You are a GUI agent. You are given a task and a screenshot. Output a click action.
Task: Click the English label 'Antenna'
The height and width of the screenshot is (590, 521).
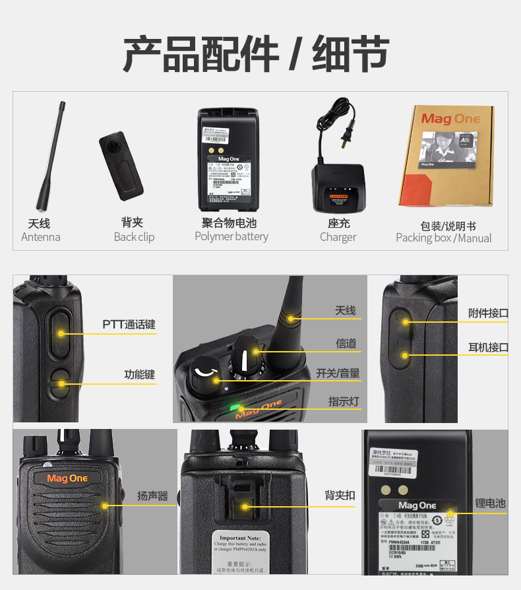coord(40,237)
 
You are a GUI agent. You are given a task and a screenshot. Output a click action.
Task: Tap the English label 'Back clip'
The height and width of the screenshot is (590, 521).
coord(134,237)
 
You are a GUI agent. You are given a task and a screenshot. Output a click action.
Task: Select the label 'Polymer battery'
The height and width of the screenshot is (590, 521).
coord(231,236)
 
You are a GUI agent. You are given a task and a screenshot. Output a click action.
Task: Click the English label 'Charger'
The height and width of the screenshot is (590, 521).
coord(338,237)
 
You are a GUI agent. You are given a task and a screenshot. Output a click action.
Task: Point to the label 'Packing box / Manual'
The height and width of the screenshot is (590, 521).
coord(443,238)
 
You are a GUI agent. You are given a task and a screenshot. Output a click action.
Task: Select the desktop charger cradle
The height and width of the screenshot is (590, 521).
coord(338,187)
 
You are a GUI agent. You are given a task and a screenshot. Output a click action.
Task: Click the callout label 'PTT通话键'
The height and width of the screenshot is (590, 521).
coord(129,325)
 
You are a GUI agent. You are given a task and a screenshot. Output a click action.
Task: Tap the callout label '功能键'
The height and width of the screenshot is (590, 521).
coord(139,375)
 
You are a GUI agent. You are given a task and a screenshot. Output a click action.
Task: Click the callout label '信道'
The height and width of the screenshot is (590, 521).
coord(346,344)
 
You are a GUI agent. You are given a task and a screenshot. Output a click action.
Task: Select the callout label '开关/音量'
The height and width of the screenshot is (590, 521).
coord(338,374)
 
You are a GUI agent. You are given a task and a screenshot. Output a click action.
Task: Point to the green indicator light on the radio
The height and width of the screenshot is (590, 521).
coord(233,407)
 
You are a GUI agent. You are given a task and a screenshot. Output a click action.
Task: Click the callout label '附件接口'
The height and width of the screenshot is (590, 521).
coord(487,313)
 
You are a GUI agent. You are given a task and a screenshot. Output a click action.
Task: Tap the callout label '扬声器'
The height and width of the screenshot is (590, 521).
coord(152,496)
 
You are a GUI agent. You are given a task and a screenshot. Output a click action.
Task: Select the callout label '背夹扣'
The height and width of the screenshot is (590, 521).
coord(340,495)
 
